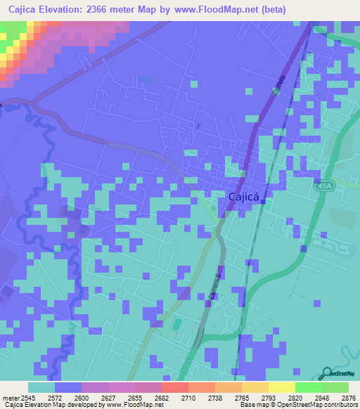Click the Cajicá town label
pos(246,197)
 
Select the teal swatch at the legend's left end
pos(41,387)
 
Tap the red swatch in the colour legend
pos(174,387)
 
